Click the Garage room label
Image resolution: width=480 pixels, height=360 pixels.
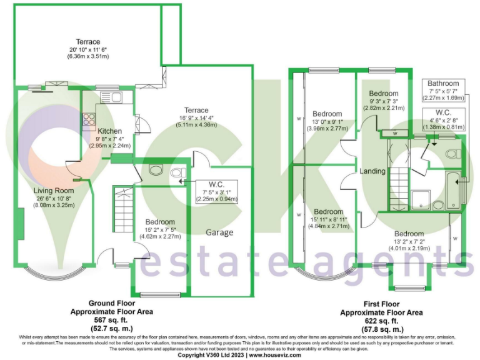(220, 232)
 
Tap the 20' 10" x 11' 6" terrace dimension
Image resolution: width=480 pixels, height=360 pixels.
(88, 49)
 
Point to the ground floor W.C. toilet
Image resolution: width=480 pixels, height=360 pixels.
(176, 172)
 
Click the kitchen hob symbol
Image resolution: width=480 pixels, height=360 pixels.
(87, 119)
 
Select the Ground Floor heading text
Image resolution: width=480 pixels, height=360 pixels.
(112, 304)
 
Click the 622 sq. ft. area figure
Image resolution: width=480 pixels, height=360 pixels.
(381, 320)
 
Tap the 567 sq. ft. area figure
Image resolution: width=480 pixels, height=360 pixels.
(112, 319)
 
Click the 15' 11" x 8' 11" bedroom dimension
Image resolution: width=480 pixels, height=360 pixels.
(327, 219)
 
